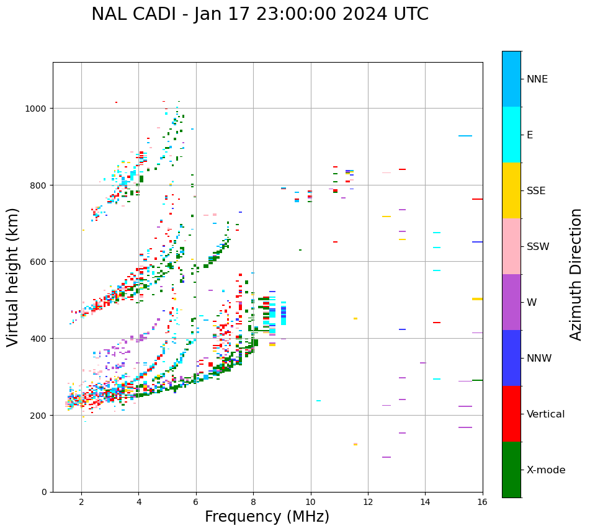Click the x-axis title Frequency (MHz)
click(267, 517)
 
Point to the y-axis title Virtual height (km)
click(14, 277)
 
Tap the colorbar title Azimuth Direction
click(576, 274)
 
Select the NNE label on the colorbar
click(537, 79)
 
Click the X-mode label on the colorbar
click(546, 470)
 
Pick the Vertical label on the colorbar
click(546, 414)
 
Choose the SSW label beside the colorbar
click(538, 247)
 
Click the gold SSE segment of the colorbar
click(511, 190)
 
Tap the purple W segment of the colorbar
click(511, 302)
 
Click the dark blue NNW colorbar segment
click(511, 358)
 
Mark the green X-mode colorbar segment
click(511, 470)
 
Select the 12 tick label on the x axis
click(368, 502)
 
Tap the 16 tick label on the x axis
click(482, 502)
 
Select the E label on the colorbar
click(530, 135)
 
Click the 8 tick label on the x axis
click(253, 502)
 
